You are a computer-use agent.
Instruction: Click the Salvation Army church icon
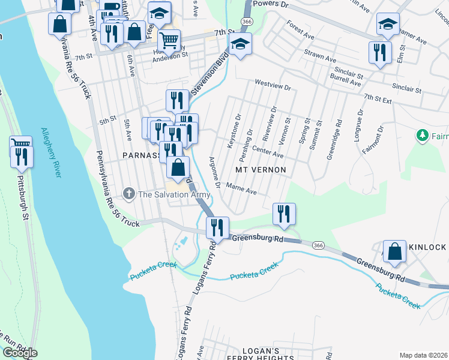click(128, 194)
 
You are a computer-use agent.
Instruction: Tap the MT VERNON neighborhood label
click(259, 170)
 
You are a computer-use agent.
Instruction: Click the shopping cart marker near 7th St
click(169, 41)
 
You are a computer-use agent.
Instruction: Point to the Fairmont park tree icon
click(423, 135)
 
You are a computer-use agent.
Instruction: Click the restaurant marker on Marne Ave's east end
click(283, 214)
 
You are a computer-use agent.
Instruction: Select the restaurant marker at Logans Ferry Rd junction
click(217, 227)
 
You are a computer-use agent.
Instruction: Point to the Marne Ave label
click(242, 191)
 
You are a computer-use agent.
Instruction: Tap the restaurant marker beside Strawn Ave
click(380, 52)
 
